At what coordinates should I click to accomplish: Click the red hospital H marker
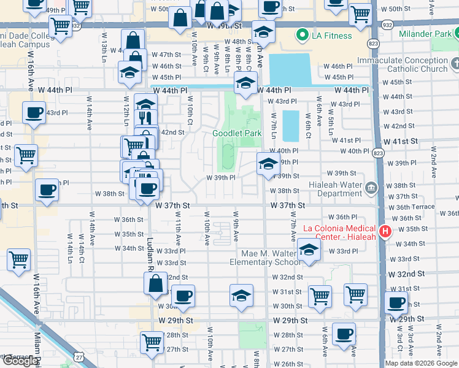click(385, 231)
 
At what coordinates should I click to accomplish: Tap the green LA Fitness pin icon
click(301, 36)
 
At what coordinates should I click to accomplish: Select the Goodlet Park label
click(237, 133)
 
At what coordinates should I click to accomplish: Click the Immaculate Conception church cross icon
click(455, 63)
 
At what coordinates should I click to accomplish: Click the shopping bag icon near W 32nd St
click(156, 283)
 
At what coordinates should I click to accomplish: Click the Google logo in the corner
click(20, 361)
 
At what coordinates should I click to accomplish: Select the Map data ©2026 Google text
click(421, 363)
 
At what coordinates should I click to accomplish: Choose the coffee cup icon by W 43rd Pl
click(34, 112)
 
